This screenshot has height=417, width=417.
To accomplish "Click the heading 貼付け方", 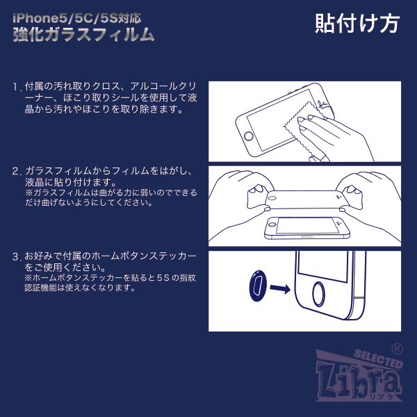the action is (x=357, y=24).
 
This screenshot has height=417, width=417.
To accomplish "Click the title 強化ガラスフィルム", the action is (x=83, y=35).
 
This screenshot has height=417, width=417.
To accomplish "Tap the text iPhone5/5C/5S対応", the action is (x=77, y=18).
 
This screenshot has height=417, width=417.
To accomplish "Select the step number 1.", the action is (x=17, y=87).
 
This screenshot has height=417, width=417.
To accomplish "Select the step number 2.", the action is (x=17, y=171).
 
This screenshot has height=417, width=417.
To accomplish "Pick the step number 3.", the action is (x=17, y=256).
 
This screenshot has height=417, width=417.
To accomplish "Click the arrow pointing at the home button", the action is (x=280, y=288).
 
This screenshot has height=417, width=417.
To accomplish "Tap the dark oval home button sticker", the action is (x=258, y=286).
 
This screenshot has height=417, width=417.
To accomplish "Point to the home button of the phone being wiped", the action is (x=248, y=136).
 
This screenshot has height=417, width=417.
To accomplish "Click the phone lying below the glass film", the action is (x=307, y=228).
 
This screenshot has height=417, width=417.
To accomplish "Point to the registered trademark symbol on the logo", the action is (x=397, y=349).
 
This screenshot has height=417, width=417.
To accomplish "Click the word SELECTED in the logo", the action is (x=378, y=359).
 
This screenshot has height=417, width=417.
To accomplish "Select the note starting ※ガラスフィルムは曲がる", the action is (x=111, y=197).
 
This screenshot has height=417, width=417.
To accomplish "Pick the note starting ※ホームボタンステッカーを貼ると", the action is (x=111, y=283).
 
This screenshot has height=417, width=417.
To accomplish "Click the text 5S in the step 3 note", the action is (x=163, y=278).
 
